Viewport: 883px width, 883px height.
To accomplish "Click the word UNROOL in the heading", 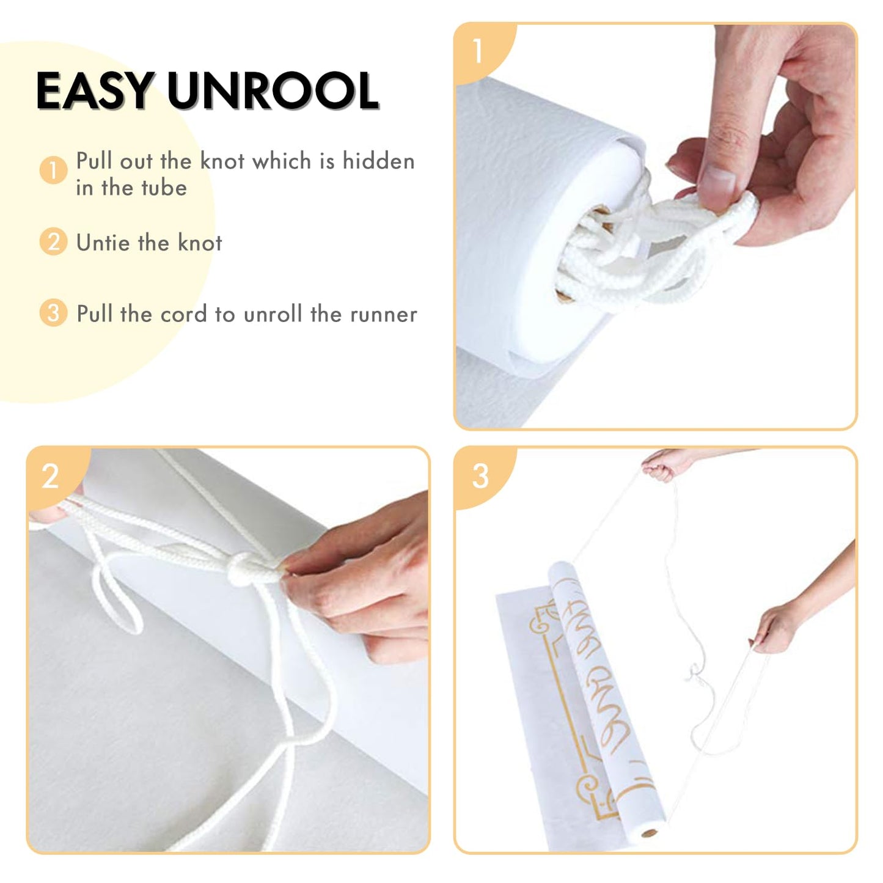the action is tap(274, 90).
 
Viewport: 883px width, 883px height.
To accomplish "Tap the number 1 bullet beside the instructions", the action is tap(54, 170).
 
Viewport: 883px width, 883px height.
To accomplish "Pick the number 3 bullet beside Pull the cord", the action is tap(54, 313).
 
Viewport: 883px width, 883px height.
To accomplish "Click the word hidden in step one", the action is tap(378, 161).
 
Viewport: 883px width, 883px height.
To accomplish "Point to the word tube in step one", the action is tap(164, 188).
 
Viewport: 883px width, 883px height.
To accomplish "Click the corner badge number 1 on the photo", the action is tap(478, 51).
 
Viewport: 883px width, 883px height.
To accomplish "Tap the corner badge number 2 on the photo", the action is tap(50, 476).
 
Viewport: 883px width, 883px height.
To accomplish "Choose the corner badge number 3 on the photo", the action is tap(480, 476).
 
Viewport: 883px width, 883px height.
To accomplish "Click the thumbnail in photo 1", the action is tap(717, 186).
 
